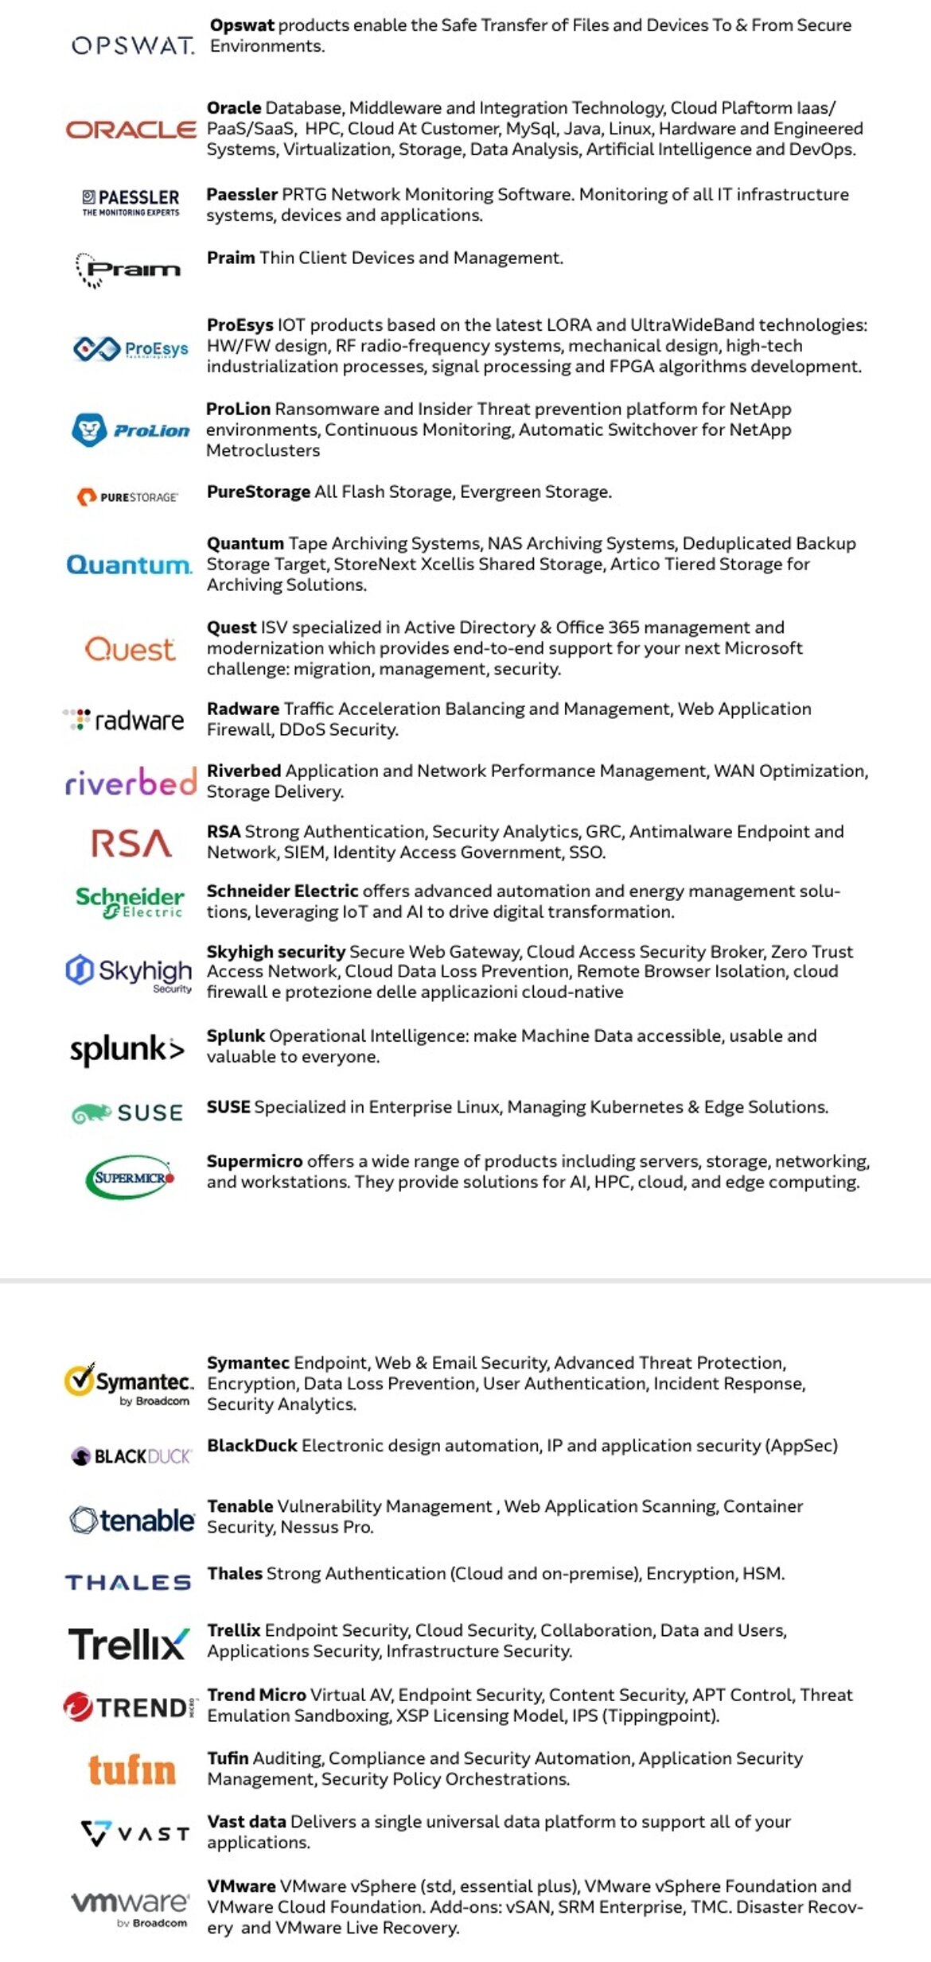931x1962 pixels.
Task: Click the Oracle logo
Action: click(130, 129)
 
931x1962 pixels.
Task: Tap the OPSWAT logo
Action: click(132, 45)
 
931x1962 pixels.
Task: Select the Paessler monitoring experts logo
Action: click(131, 202)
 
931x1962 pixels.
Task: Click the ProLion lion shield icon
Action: click(89, 430)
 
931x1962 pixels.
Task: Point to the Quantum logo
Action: click(129, 565)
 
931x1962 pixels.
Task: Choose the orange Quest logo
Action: click(130, 649)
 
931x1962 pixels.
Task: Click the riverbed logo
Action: click(130, 782)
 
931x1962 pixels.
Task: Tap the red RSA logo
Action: click(131, 843)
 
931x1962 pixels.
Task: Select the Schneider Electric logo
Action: click(130, 902)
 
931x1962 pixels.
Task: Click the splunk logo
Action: click(127, 1050)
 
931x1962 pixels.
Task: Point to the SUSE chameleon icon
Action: click(91, 1113)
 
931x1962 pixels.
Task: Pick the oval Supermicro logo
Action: click(130, 1177)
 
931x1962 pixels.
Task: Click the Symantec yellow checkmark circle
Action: click(79, 1381)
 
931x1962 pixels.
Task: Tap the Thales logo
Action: click(128, 1583)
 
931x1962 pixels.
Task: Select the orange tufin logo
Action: click(131, 1770)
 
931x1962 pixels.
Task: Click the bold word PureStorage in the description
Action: click(259, 491)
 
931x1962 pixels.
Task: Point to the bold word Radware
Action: click(243, 709)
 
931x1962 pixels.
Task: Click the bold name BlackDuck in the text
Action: click(252, 1445)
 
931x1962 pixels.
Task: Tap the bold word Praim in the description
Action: click(231, 258)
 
